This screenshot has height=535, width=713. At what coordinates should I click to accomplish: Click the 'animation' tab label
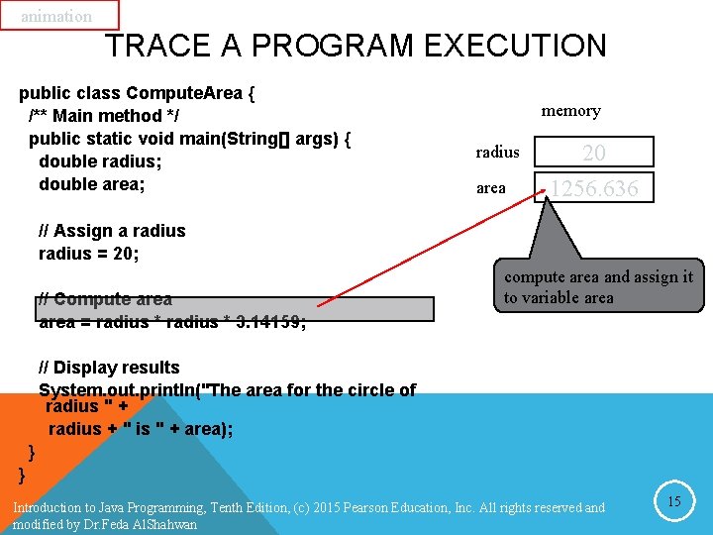pyautogui.click(x=56, y=16)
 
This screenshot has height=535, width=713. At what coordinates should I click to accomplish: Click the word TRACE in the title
pyautogui.click(x=150, y=46)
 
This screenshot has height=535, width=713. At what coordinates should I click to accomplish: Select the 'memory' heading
pyautogui.click(x=570, y=111)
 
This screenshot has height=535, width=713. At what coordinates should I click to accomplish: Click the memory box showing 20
pyautogui.click(x=594, y=152)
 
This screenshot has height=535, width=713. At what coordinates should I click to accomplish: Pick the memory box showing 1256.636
pyautogui.click(x=594, y=187)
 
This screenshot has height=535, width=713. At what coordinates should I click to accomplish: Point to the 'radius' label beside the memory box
pyautogui.click(x=497, y=152)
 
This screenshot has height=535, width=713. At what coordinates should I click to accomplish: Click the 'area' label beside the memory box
pyautogui.click(x=491, y=187)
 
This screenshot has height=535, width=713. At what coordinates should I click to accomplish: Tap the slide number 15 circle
pyautogui.click(x=673, y=502)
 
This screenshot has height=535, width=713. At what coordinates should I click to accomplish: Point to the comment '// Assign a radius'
pyautogui.click(x=112, y=231)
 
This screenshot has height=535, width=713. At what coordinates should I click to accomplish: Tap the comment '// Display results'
pyautogui.click(x=109, y=368)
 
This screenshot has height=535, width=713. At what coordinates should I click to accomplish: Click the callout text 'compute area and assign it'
pyautogui.click(x=598, y=277)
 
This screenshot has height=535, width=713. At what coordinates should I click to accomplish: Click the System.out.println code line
pyautogui.click(x=227, y=389)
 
